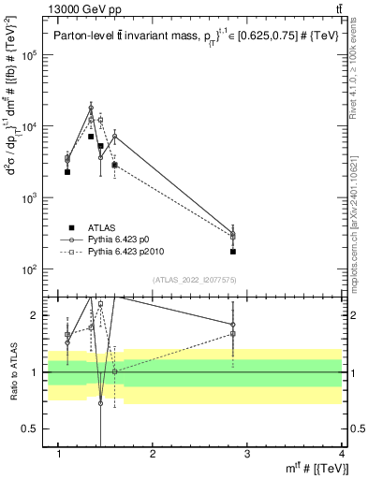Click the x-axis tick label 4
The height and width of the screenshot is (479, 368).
343,454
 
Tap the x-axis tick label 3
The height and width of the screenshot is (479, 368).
248,454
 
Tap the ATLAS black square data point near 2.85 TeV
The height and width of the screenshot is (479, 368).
233,252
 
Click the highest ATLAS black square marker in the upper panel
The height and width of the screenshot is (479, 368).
91,137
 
